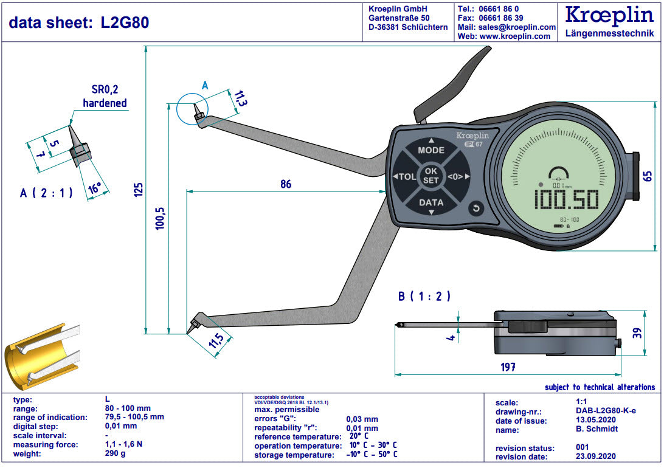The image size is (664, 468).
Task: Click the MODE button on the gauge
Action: (x=431, y=150)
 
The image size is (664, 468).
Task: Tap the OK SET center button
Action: (x=431, y=176)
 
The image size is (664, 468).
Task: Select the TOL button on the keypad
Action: (x=406, y=177)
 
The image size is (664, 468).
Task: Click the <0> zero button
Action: (x=456, y=177)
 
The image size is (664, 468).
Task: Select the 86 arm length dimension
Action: (x=286, y=184)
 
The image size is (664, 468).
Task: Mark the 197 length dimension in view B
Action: (x=508, y=366)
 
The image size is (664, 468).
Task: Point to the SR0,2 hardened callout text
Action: (x=105, y=97)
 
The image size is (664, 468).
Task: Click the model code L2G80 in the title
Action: (x=125, y=22)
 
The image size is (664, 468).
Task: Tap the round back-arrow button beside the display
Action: (x=476, y=209)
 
